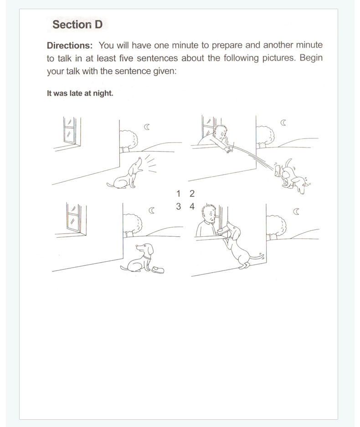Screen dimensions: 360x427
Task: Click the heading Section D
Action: (77, 25)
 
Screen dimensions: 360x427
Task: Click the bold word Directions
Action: (70, 45)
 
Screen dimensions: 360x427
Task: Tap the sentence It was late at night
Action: (80, 93)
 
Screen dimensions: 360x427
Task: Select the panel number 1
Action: (178, 193)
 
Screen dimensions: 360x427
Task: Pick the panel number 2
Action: (192, 193)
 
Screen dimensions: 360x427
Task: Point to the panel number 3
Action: (178, 206)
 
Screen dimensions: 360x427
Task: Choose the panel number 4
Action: (192, 206)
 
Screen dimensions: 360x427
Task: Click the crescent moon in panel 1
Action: (147, 127)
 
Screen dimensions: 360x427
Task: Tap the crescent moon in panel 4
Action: (296, 211)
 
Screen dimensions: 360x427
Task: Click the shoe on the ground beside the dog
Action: (158, 269)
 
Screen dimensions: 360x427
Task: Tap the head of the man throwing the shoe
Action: (221, 132)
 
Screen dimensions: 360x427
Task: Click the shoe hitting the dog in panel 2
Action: (278, 170)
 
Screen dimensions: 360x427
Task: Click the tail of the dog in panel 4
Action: (257, 256)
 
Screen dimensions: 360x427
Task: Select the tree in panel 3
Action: (132, 225)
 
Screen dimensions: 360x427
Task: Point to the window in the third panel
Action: (76, 219)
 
